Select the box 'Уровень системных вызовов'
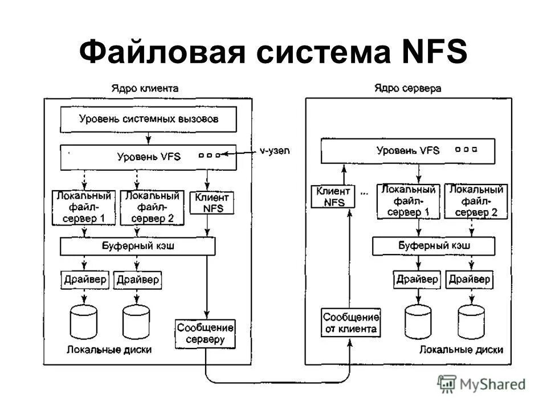pos(148,120)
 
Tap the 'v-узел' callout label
pos(275,150)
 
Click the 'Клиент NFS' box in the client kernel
pos(211,203)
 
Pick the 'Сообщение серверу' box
pos(205,334)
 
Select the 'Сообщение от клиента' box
pos(351,323)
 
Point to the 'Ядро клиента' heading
pos(145,88)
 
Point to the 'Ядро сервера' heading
pos(407,88)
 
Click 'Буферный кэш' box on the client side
pos(137,246)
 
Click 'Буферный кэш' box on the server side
pos(434,246)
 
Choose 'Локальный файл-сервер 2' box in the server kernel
pos(475,201)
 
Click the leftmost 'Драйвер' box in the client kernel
pos(84,280)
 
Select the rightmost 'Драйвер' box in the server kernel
pos(470,279)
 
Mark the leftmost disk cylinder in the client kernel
pos(85,323)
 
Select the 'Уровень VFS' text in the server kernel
pos(408,151)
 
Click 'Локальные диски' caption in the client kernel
pos(109,350)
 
